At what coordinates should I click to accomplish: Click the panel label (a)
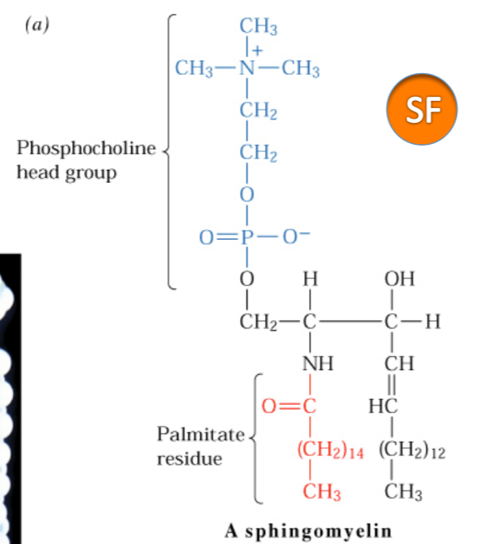pos(36,25)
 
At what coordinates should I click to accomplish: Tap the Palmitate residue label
pos(199,446)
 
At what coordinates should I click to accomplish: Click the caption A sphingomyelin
pos(308,531)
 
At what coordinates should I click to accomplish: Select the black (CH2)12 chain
pos(412,451)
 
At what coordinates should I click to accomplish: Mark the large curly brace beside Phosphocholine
pos(169,151)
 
